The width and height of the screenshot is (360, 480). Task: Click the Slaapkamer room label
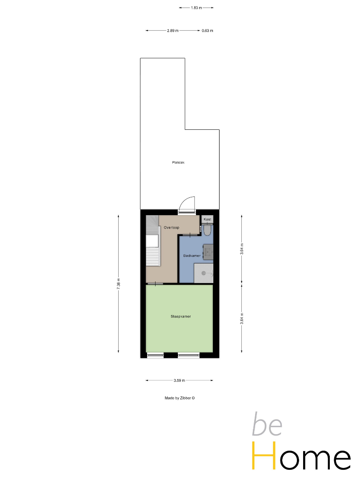point(180,316)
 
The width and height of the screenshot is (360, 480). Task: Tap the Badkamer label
point(192,256)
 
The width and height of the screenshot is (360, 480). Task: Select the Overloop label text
point(172,228)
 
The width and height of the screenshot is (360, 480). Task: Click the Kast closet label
point(207,219)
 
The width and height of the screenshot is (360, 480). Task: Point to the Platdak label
point(178,163)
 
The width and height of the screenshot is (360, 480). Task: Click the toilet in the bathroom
point(207,230)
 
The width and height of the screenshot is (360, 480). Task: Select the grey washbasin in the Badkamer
point(208,252)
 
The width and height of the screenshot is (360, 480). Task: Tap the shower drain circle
point(204,273)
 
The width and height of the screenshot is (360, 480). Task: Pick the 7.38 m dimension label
point(119,284)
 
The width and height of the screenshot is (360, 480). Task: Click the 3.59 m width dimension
point(180,380)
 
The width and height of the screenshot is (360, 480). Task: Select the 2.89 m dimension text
point(172,31)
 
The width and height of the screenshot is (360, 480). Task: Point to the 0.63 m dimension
point(207,31)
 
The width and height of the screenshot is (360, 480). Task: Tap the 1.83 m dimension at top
point(196,8)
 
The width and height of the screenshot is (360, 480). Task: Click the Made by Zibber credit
point(180,398)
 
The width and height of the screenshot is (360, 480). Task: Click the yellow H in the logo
point(263,455)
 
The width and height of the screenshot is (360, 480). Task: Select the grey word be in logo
point(267,424)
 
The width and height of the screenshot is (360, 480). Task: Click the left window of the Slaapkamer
point(155,356)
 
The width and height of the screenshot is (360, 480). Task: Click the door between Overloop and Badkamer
point(190,235)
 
